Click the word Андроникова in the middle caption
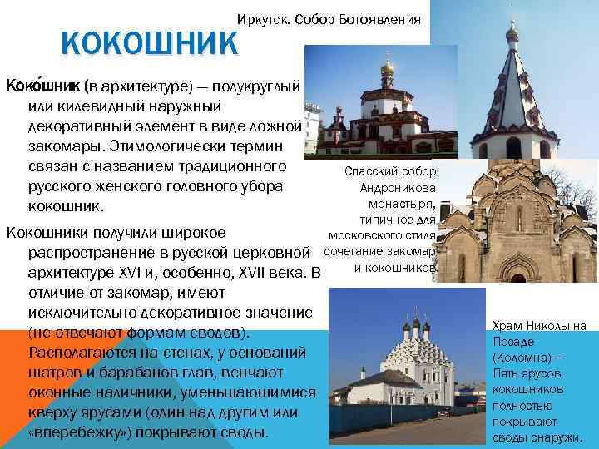[x=402, y=189]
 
